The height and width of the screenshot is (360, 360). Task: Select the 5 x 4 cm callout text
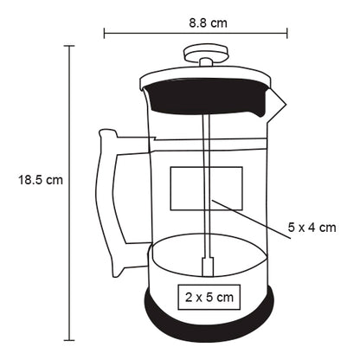pyautogui.click(x=312, y=228)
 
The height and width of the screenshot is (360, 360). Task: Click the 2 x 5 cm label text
pyautogui.click(x=209, y=297)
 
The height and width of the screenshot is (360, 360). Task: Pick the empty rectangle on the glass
pyautogui.click(x=206, y=189)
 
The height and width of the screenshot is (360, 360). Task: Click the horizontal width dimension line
pyautogui.click(x=156, y=35)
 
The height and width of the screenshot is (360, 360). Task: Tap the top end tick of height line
pyautogui.click(x=69, y=47)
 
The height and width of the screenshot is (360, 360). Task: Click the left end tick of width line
pyautogui.click(x=104, y=35)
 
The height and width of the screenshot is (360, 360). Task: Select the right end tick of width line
pyautogui.click(x=288, y=35)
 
